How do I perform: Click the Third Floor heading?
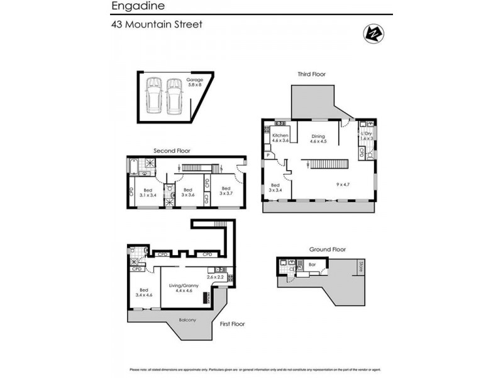312,74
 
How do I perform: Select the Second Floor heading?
172,151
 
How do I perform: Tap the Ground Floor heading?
328,249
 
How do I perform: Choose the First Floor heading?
232,324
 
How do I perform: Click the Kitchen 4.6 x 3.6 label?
280,139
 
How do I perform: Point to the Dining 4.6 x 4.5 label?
318,139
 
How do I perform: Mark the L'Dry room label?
367,135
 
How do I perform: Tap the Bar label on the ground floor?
312,265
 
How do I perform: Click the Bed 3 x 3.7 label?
226,192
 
